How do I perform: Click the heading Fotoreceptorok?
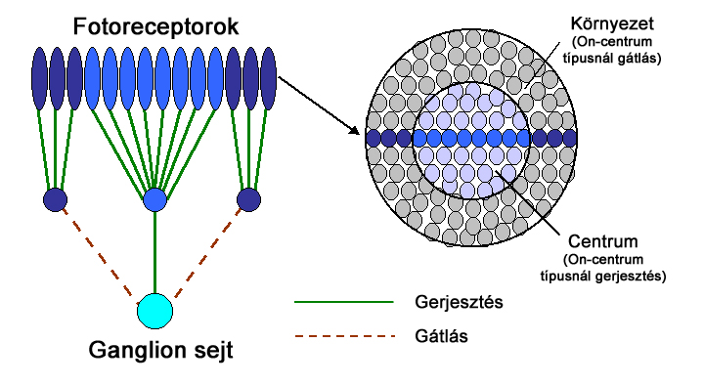coord(154,26)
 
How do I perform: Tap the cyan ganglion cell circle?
coord(154,311)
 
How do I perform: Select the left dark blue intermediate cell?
coord(56,200)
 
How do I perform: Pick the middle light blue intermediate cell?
coord(154,200)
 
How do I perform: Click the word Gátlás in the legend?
coord(430,337)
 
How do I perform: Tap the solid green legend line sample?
coord(342,302)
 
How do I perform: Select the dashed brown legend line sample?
coord(342,337)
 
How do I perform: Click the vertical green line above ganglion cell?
coord(154,254)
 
